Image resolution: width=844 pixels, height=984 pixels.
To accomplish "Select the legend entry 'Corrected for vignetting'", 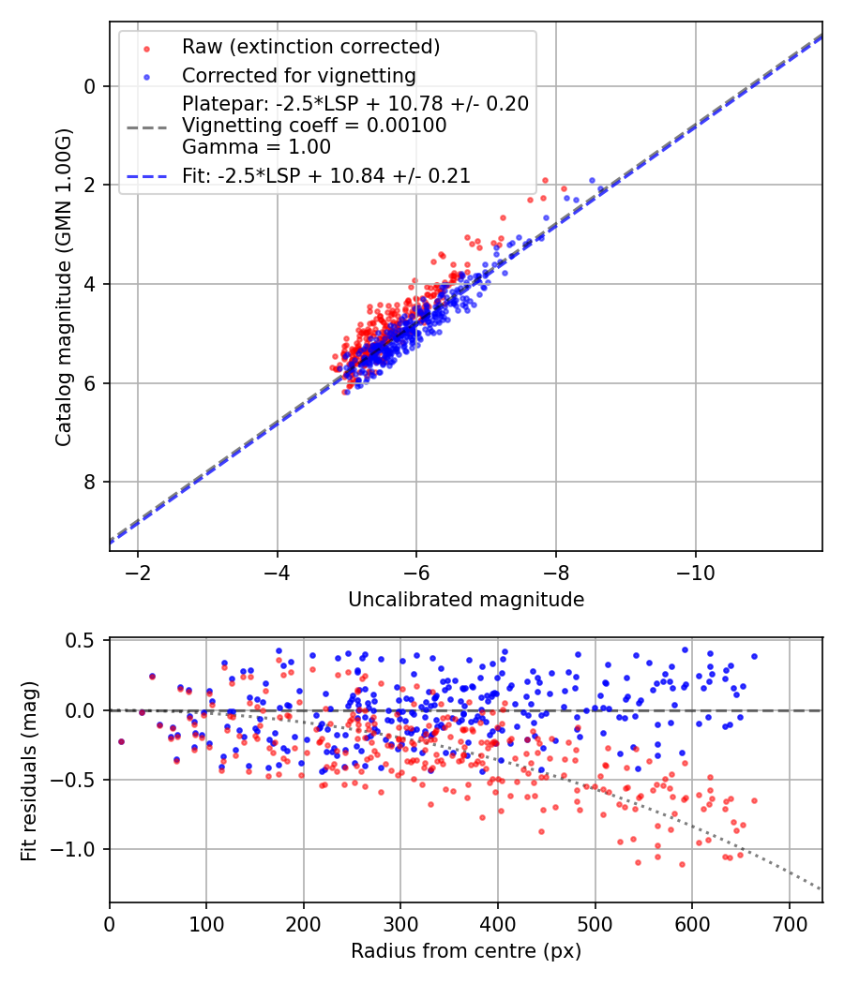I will [298, 75].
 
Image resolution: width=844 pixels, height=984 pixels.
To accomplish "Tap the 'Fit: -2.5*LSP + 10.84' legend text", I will [325, 175].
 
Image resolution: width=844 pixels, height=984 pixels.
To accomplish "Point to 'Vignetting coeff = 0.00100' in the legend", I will [314, 126].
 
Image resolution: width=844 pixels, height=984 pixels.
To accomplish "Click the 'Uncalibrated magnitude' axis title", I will [466, 600].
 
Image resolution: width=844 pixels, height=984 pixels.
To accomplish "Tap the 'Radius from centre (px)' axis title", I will [466, 951].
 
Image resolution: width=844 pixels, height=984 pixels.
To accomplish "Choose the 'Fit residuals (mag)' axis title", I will [30, 770].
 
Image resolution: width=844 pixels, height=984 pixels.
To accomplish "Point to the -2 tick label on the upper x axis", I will [138, 572].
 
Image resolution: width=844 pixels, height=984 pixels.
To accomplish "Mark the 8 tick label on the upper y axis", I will [90, 483].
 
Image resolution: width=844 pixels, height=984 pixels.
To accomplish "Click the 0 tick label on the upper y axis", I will [90, 86].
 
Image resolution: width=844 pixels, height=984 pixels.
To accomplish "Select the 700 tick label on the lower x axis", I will [789, 925].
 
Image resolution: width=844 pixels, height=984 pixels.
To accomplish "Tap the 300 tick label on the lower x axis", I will [400, 925].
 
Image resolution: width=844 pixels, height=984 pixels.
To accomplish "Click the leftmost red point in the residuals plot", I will [121, 741].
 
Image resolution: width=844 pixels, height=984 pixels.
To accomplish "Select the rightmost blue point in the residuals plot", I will [754, 656].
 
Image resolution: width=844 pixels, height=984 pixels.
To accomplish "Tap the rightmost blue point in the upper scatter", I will [592, 180].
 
